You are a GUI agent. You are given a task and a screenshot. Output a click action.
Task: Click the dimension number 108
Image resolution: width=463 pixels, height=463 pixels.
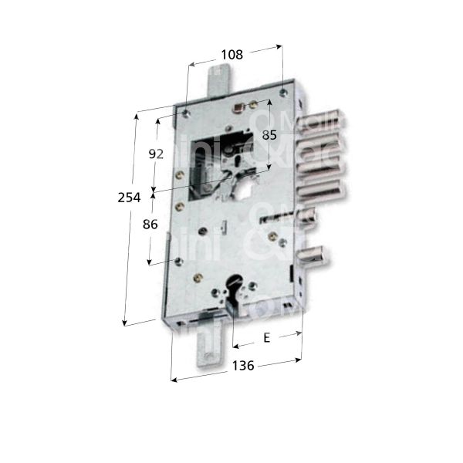231,55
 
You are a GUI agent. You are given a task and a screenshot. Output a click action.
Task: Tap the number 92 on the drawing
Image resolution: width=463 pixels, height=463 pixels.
156,154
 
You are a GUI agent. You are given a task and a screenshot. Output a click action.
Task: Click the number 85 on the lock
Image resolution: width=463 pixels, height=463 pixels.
269,135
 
